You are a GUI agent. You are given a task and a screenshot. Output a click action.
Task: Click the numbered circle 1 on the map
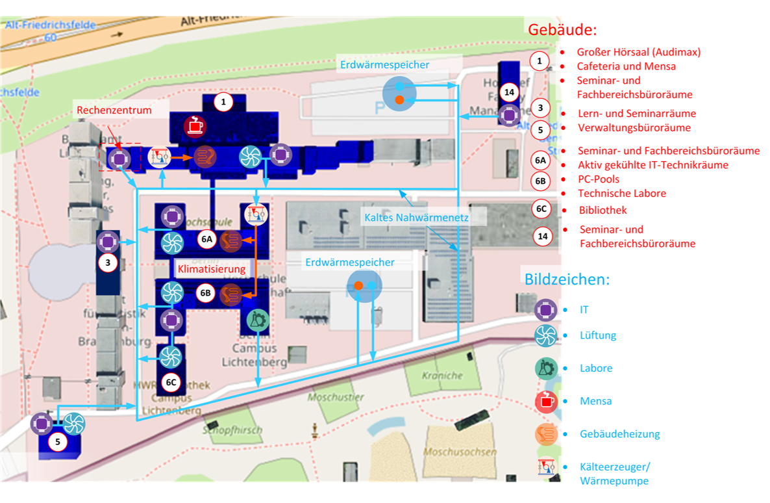point(223,102)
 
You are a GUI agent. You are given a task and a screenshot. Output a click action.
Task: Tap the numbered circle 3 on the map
point(108,263)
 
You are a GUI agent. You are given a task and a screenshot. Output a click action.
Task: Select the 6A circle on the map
point(207,240)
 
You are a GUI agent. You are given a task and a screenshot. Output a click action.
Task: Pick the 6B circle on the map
point(206,293)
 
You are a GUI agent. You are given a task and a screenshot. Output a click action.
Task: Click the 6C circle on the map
point(171,382)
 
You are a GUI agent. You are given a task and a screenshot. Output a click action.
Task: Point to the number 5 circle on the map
point(58,442)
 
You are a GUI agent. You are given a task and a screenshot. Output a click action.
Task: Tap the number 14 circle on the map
point(509,92)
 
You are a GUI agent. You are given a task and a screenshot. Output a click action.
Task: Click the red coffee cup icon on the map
point(193,126)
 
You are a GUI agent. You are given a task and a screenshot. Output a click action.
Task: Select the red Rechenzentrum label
point(114,110)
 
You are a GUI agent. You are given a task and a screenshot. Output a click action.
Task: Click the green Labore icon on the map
point(258,319)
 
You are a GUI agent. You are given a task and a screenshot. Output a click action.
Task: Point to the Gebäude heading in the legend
point(562,30)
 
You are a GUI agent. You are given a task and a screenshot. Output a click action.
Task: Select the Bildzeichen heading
point(567,279)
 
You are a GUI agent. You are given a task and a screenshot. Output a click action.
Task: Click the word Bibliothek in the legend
point(602,210)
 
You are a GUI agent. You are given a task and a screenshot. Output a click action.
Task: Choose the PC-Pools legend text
point(599,179)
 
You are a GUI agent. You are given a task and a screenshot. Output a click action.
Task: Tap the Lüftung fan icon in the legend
point(546,335)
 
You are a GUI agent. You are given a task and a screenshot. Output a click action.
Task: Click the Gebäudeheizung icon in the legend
point(547,433)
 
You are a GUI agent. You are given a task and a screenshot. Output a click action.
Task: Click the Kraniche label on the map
point(442,375)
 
